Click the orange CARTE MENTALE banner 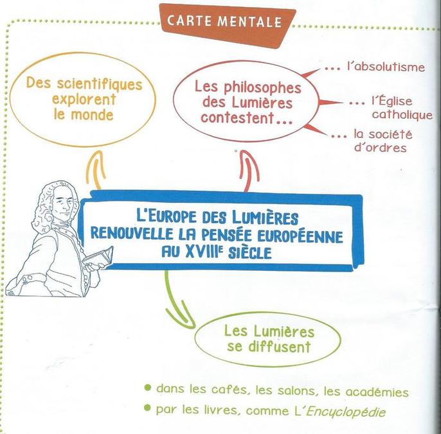point(227,25)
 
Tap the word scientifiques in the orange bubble point(100,84)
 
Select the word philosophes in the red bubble point(262,88)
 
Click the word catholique point(402,114)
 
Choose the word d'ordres point(381,147)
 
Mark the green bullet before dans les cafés point(147,388)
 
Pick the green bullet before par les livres point(147,408)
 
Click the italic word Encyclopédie point(346,412)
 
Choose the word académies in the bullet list point(377,392)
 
